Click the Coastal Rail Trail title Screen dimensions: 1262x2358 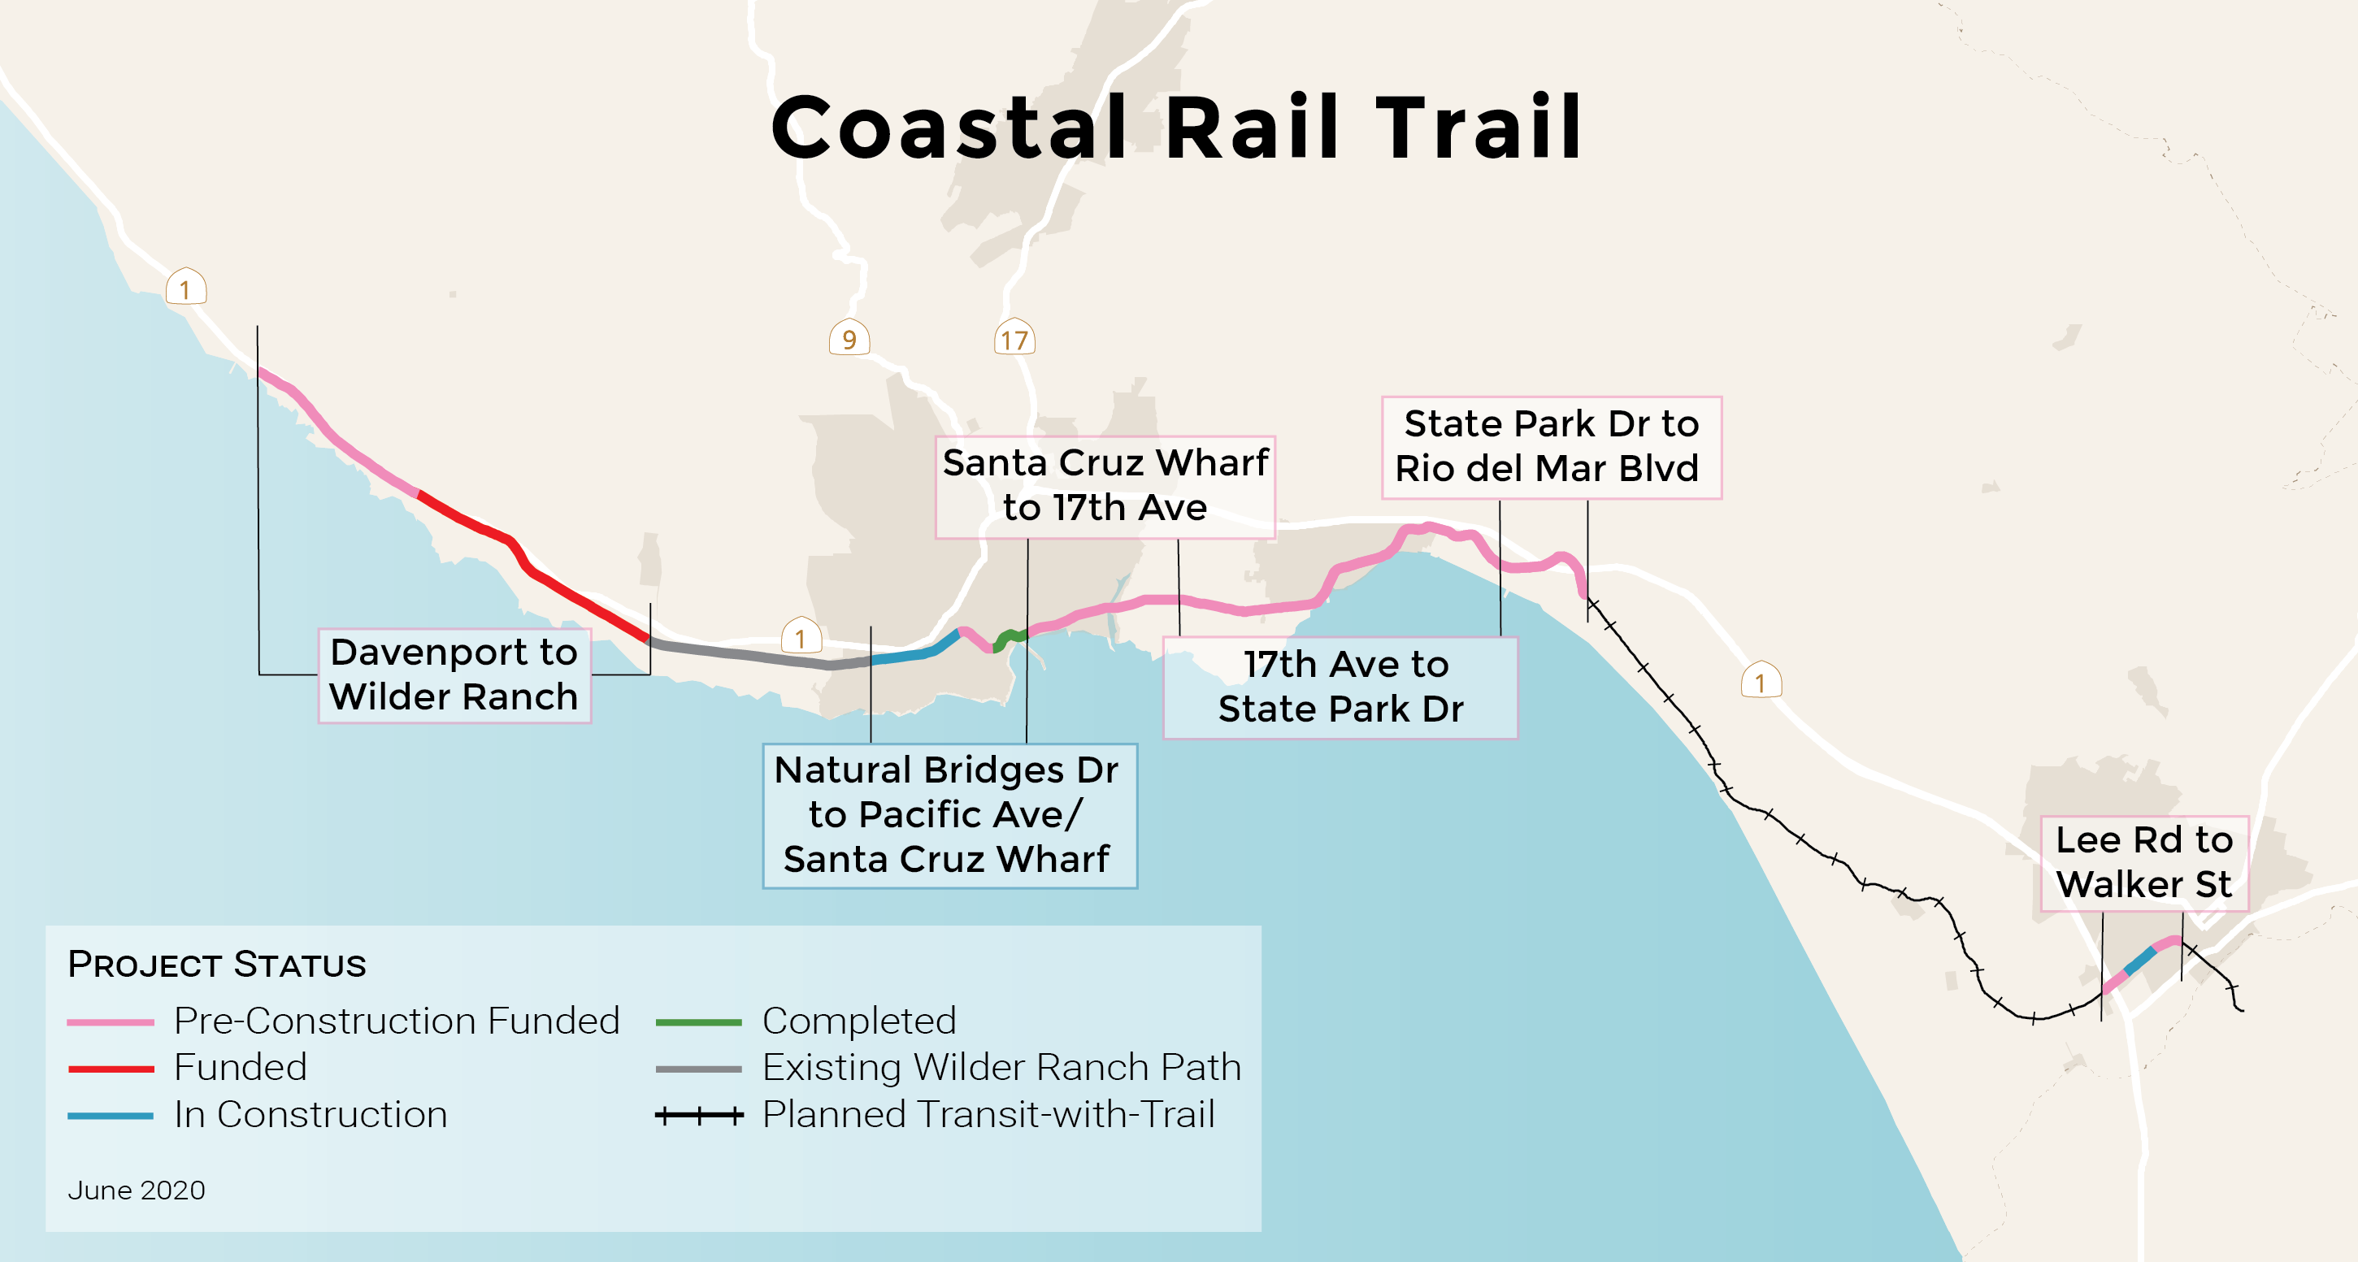pyautogui.click(x=1176, y=128)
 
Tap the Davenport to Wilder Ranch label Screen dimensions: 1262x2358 pyautogui.click(x=454, y=674)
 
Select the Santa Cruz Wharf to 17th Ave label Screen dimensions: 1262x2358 pyautogui.click(x=1105, y=486)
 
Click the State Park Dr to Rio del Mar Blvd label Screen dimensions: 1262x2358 pyautogui.click(x=1551, y=447)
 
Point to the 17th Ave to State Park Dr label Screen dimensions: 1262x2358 pyautogui.click(x=1340, y=687)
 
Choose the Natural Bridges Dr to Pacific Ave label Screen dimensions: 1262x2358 pyautogui.click(x=949, y=814)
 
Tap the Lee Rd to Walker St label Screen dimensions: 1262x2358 pyautogui.click(x=2143, y=862)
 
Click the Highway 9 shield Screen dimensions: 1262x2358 pyautogui.click(x=849, y=339)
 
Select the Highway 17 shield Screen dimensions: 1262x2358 pyautogui.click(x=1014, y=339)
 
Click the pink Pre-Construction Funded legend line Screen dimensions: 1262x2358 pyautogui.click(x=110, y=1021)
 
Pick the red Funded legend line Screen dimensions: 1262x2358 pyautogui.click(x=110, y=1068)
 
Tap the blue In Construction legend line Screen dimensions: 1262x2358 pyautogui.click(x=110, y=1115)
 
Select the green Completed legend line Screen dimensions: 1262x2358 pyautogui.click(x=698, y=1021)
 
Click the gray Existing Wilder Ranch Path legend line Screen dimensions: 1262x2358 pyautogui.click(x=698, y=1068)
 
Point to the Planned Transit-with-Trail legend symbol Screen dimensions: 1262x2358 pyautogui.click(x=698, y=1115)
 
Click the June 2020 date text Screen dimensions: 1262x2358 pyautogui.click(x=137, y=1190)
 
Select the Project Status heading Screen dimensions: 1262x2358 pyautogui.click(x=217, y=965)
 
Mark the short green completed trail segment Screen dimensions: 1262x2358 pyautogui.click(x=1009, y=637)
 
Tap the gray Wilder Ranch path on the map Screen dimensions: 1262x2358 pyautogui.click(x=750, y=655)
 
